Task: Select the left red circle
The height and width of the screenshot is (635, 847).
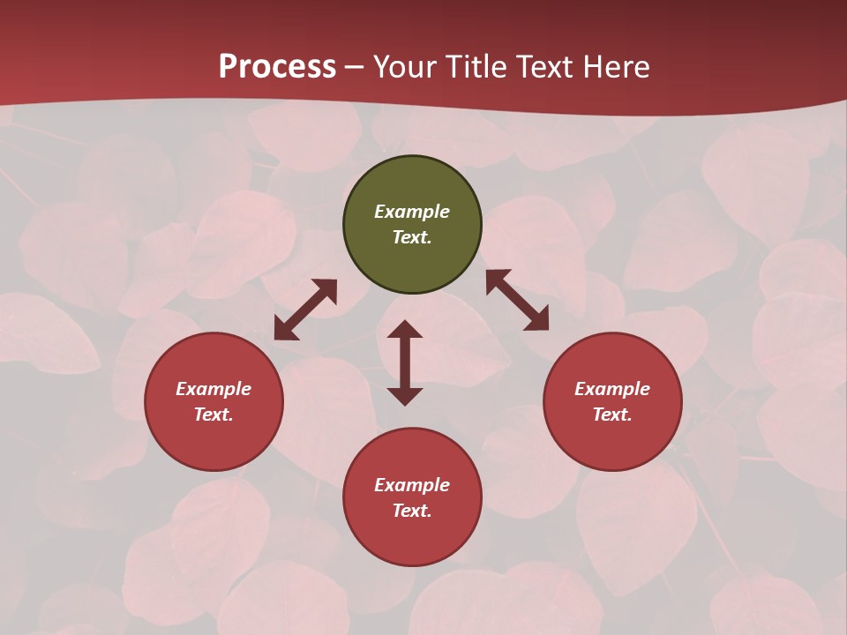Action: pos(214,401)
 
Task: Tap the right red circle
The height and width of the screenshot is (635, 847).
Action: pos(612,401)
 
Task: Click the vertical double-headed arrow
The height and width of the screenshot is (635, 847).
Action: pos(405,362)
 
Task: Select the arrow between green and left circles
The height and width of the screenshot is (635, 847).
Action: pos(305,310)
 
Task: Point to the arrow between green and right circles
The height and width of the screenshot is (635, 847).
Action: pos(517,300)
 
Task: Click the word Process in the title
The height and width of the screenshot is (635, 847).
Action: pos(277,67)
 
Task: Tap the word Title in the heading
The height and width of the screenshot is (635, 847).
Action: pos(476,67)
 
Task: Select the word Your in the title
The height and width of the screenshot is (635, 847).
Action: pos(405,67)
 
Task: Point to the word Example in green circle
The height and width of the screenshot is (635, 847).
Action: pos(412,212)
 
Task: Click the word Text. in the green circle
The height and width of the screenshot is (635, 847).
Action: pos(412,237)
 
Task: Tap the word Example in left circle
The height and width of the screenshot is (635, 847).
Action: pos(214,389)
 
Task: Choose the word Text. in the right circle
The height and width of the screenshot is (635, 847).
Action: pos(612,415)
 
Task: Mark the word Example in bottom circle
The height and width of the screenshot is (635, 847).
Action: pos(412,485)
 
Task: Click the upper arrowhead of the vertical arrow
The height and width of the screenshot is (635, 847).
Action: pos(405,329)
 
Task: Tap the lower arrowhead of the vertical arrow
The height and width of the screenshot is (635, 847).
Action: pos(405,396)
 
